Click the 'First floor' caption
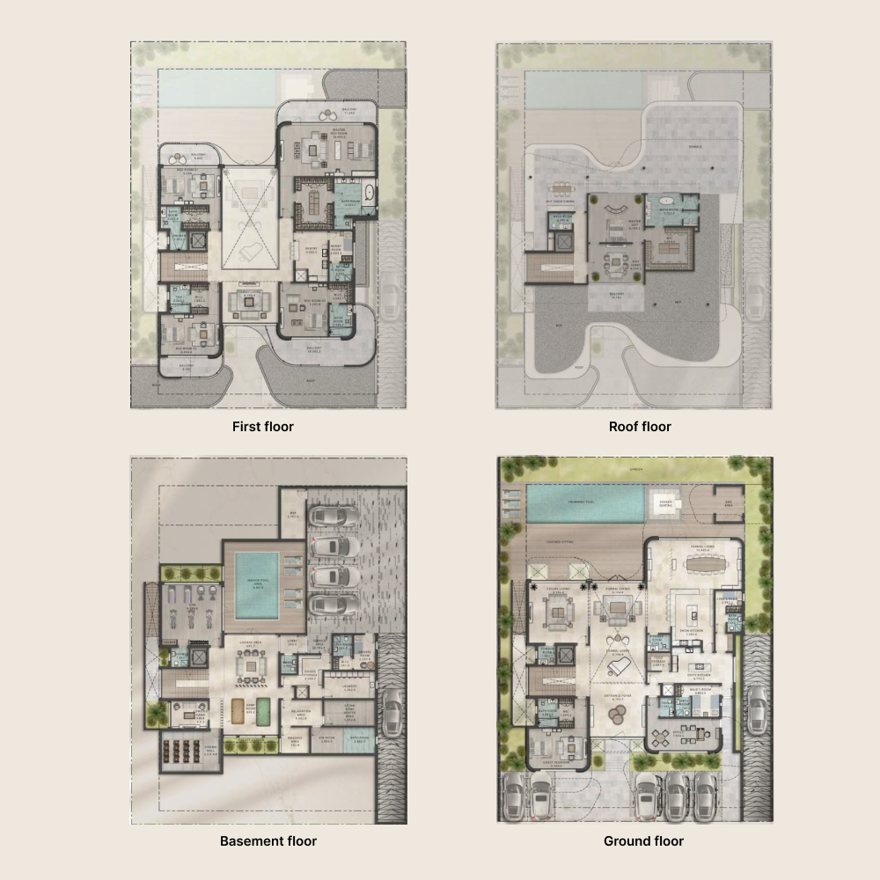(x=262, y=427)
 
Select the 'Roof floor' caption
(x=640, y=427)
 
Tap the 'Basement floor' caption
(x=268, y=841)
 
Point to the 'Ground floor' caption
(x=643, y=841)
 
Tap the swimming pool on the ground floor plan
(x=584, y=504)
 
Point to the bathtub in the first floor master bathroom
(x=368, y=193)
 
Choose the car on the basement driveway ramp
(x=393, y=704)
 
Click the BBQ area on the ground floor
(x=728, y=502)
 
